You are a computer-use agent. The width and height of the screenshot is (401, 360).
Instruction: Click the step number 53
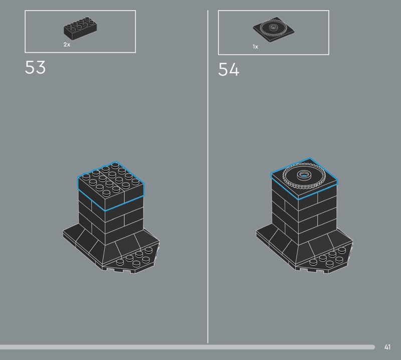pyautogui.click(x=35, y=67)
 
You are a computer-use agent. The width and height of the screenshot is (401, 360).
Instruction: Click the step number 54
pyautogui.click(x=229, y=69)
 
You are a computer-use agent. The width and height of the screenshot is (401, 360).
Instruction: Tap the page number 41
pyautogui.click(x=387, y=347)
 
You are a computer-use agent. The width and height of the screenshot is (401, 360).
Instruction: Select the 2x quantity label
pyautogui.click(x=67, y=45)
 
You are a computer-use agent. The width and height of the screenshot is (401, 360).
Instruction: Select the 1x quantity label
pyautogui.click(x=255, y=47)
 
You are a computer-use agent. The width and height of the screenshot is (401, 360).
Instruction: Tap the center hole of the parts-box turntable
pyautogui.click(x=273, y=27)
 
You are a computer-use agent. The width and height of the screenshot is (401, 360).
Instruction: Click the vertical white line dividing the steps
pyautogui.click(x=208, y=176)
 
